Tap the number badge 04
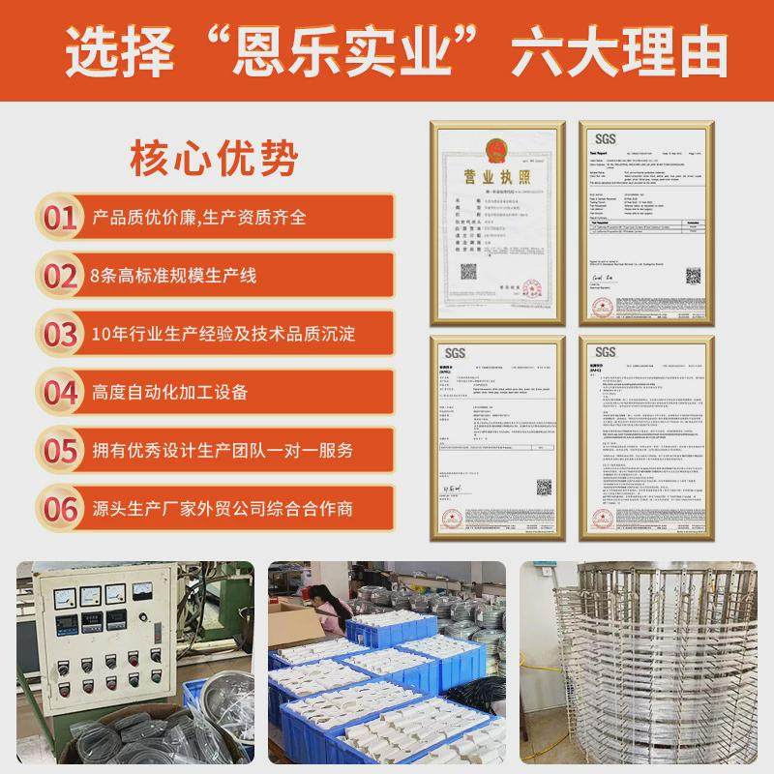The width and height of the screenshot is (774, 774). tap(60, 392)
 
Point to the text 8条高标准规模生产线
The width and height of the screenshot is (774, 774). tap(174, 276)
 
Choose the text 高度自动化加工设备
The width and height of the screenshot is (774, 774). tap(169, 392)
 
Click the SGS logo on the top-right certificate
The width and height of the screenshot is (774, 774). tap(606, 137)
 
